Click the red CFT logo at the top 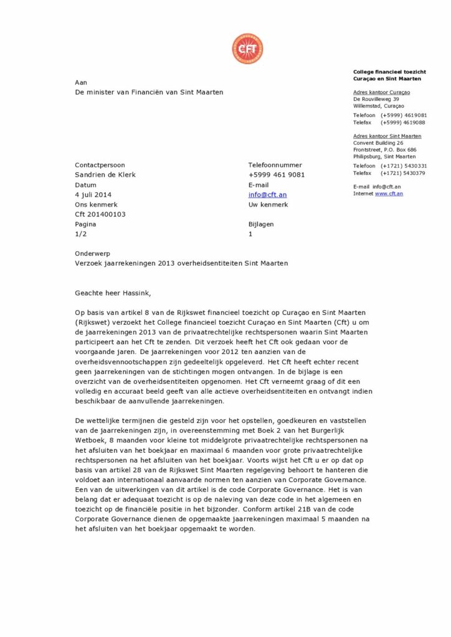[x=247, y=49]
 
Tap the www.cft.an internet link [x=389, y=193]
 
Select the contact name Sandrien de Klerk [x=105, y=175]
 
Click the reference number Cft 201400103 [x=100, y=215]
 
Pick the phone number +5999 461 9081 [x=277, y=175]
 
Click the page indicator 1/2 [x=80, y=235]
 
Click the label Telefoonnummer [x=275, y=165]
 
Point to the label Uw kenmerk [x=268, y=205]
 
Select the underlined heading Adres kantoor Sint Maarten [x=387, y=136]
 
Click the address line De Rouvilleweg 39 [x=376, y=99]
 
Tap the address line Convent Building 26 [x=378, y=143]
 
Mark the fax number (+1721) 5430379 [x=404, y=173]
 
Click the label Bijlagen [x=260, y=225]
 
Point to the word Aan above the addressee [x=81, y=82]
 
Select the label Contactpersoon [x=100, y=165]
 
